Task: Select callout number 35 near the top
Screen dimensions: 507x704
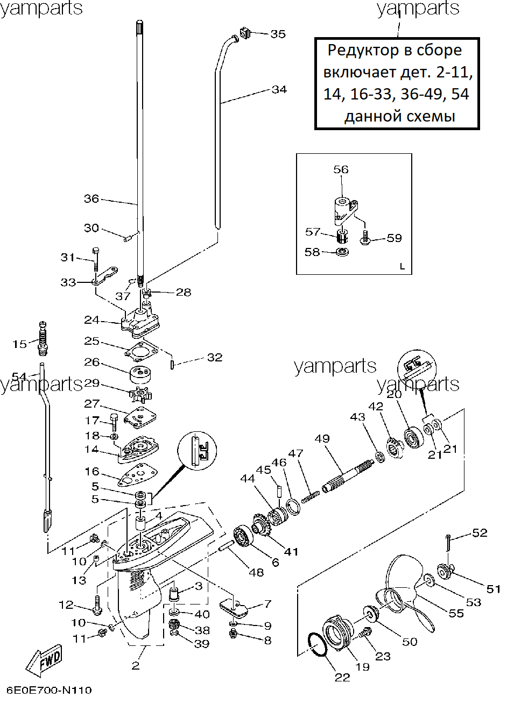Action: pyautogui.click(x=278, y=34)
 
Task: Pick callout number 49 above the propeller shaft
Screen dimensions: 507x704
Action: pyautogui.click(x=322, y=438)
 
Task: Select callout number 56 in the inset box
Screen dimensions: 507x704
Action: pyautogui.click(x=341, y=170)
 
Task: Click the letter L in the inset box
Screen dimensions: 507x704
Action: pyautogui.click(x=402, y=267)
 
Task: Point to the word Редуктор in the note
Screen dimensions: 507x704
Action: pyautogui.click(x=363, y=51)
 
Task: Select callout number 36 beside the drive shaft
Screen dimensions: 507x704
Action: pyautogui.click(x=91, y=198)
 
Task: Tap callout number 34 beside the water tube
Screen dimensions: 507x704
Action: pyautogui.click(x=279, y=90)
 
